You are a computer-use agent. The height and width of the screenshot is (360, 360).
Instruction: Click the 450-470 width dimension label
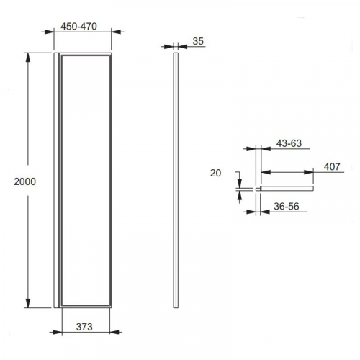pos(78,27)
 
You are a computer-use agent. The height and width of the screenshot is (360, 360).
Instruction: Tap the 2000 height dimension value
pos(25,181)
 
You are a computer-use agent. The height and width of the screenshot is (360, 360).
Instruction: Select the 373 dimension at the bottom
pos(84,327)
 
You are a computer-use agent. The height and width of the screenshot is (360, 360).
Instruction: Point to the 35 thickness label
pos(198,41)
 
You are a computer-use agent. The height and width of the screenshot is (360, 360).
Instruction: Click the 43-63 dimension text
pos(289,143)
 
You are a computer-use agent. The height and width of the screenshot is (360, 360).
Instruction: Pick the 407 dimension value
pos(332,166)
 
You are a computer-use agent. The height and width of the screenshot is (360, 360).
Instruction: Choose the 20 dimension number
pos(215,173)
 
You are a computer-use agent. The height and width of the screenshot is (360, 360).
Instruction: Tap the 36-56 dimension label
pos(287,207)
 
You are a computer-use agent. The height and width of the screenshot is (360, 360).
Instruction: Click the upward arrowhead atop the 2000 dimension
pos(28,58)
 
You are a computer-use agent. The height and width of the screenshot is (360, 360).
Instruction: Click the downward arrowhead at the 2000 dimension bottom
pos(28,303)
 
